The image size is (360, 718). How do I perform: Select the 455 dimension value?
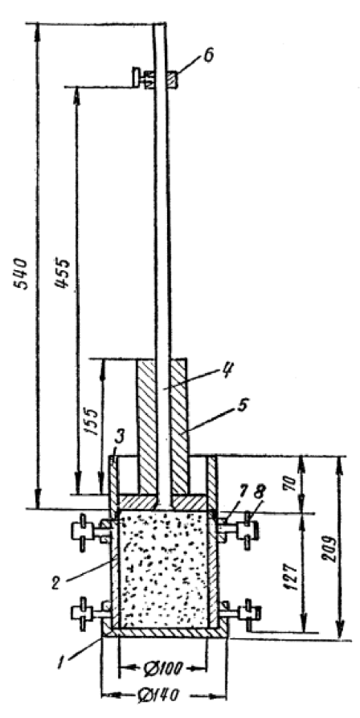point(62,273)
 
